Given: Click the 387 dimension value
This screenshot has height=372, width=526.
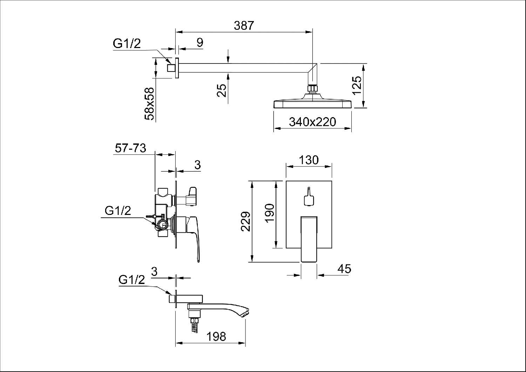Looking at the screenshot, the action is click(x=244, y=26).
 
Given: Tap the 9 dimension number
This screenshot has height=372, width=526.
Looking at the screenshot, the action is click(x=200, y=42).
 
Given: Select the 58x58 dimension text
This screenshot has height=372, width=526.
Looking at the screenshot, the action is click(x=149, y=104).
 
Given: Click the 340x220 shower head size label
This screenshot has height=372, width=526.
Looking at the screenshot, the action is click(x=312, y=122).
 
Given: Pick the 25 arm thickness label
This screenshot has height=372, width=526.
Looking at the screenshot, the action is click(x=222, y=90).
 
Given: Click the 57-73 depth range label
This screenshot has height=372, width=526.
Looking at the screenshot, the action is click(x=130, y=148).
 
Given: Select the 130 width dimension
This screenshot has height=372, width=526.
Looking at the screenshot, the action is click(x=309, y=160).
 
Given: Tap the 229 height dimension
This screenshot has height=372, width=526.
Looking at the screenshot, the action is click(x=246, y=222).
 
